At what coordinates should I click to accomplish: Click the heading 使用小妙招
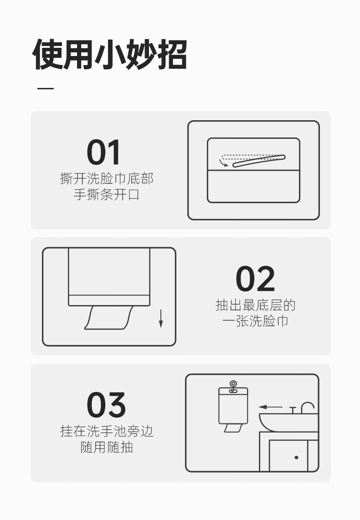pos(110,54)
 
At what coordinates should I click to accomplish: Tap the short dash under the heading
pos(46,88)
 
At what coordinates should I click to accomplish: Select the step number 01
pos(103,152)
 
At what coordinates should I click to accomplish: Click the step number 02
pos(255,279)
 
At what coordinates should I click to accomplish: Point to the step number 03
pos(106,405)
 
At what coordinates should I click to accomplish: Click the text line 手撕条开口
pos(107,194)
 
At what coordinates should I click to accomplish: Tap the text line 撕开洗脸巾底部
pos(107,178)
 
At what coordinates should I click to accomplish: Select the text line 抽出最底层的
pos(255,305)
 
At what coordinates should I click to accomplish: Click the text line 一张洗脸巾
pos(255,321)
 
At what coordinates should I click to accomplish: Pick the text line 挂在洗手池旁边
pos(107,431)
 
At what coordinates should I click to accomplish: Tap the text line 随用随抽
pos(107,447)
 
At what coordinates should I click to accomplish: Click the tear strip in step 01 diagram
pos(259,161)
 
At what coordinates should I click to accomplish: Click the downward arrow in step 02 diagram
pos(161,318)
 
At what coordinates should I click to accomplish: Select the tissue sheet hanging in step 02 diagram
pos(108,318)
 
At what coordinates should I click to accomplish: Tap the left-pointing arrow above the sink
pos(270,407)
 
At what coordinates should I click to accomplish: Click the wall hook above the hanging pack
pos(233,386)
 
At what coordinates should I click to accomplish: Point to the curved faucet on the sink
pos(308,408)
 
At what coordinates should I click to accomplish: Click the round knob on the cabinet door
pos(296,457)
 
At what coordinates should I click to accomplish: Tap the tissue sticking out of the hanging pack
pos(233,428)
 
